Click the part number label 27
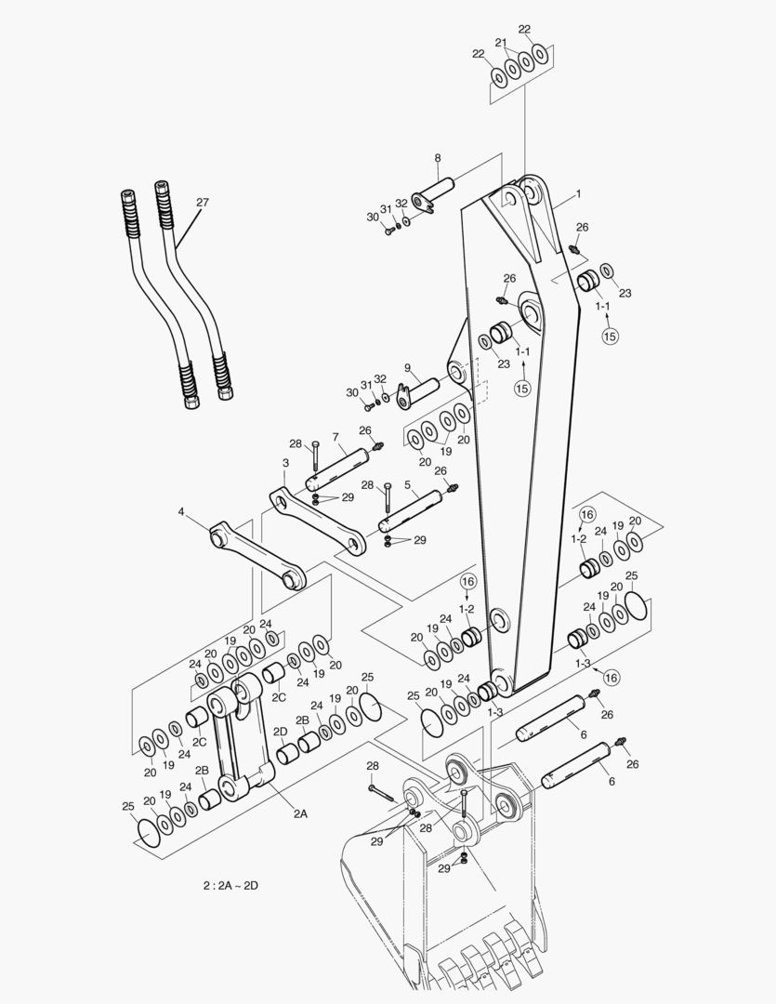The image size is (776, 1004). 203,202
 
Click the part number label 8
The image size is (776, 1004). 438,158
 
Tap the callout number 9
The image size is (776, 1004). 407,367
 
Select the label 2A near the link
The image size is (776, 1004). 300,812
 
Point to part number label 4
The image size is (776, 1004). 182,511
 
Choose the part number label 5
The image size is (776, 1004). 408,484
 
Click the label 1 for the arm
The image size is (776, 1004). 577,194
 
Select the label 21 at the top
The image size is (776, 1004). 500,43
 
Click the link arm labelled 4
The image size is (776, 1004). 256,556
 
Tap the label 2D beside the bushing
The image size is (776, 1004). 281,731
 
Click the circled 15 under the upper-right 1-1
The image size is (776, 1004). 609,336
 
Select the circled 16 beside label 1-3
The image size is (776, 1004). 611,678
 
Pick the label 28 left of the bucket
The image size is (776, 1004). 373,765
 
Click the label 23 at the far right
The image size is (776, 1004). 625,293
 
